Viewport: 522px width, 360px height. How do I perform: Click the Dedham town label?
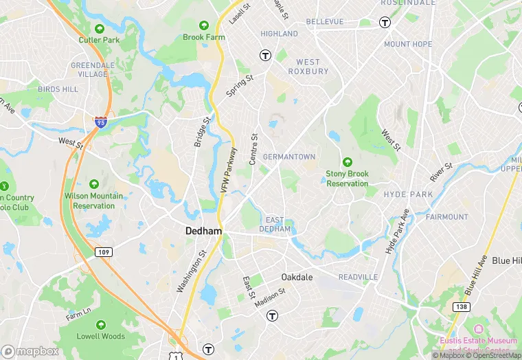[x=203, y=232]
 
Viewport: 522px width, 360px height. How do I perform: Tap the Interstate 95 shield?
[x=100, y=122]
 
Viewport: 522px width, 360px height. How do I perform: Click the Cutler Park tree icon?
[x=100, y=29]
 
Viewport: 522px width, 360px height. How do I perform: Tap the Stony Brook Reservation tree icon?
[x=347, y=162]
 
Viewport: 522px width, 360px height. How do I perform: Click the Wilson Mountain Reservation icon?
[x=93, y=184]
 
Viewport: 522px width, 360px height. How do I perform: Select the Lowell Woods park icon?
[x=101, y=325]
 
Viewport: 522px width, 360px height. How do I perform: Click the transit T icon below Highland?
[x=264, y=55]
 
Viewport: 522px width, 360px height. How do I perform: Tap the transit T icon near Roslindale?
[x=385, y=22]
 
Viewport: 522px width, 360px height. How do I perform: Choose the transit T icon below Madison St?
[x=272, y=315]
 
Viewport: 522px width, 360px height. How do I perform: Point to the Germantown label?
[x=289, y=157]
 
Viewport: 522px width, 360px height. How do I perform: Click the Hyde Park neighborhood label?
[x=408, y=194]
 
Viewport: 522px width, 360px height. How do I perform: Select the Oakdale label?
[x=297, y=277]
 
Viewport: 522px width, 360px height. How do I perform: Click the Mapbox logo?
[x=30, y=351]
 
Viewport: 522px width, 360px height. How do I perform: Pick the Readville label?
[x=358, y=277]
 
